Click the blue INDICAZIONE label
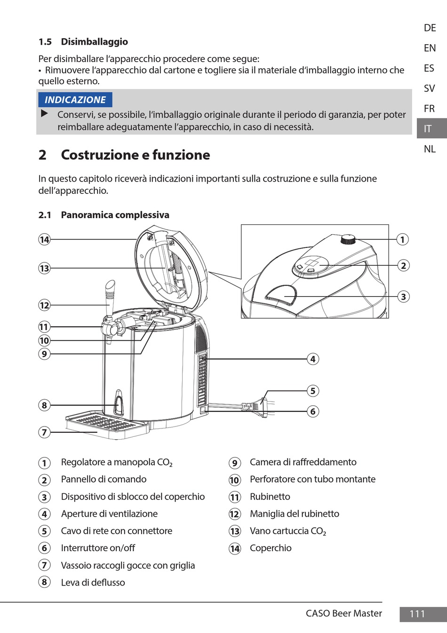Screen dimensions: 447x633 point(75,100)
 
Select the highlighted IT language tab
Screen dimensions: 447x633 point(432,128)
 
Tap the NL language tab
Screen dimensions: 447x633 point(430,149)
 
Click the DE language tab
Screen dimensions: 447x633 point(430,28)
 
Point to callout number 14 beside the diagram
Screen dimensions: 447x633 point(44,240)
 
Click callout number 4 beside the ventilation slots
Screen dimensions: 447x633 point(313,359)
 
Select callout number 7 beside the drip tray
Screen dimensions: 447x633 point(44,432)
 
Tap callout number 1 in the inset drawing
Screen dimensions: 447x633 point(402,239)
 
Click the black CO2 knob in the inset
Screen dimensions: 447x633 point(348,239)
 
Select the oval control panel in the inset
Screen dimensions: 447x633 point(310,265)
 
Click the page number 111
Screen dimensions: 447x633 point(417,614)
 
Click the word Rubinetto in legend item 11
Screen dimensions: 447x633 point(270,497)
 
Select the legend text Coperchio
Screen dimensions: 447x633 point(271,548)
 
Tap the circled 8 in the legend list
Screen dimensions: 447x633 point(44,582)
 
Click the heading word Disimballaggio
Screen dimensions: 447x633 point(95,42)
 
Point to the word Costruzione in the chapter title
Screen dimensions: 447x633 point(104,155)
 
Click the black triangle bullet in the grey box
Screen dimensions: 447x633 point(44,114)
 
